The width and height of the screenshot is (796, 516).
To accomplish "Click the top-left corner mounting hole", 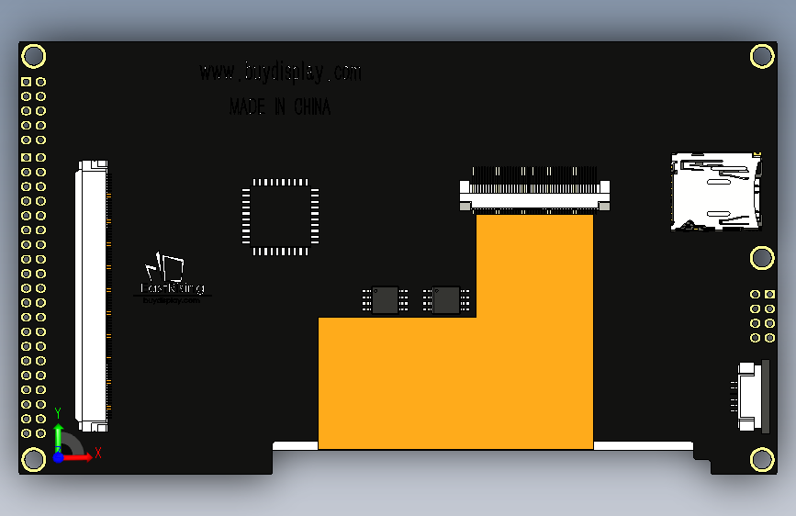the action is tap(34, 56).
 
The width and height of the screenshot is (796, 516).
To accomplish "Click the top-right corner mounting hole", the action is tap(762, 56).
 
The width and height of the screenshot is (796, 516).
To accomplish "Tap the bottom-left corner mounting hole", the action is tap(34, 459).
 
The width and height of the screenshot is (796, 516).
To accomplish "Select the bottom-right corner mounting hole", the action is tap(762, 459).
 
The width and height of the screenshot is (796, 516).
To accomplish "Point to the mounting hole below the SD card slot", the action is tap(762, 258).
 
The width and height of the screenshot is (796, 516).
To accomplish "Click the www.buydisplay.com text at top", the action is tap(280, 72).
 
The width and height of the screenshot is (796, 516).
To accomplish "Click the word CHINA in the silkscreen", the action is tap(312, 107).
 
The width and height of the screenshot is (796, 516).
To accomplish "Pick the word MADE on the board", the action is tap(246, 107).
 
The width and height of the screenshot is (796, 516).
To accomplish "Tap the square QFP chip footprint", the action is tap(280, 217).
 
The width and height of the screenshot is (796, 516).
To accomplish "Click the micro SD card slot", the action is tap(716, 191).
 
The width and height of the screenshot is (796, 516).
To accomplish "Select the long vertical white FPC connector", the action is tap(92, 296).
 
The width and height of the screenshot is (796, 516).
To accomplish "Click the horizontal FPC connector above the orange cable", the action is tap(534, 193).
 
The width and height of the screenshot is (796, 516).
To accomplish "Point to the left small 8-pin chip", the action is tap(386, 299).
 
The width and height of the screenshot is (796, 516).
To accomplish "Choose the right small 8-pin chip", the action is tap(446, 299).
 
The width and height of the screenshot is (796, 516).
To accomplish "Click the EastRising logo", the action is tap(171, 278).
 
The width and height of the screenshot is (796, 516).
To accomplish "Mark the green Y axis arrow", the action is tap(58, 433).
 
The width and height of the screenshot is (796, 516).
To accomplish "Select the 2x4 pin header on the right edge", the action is tap(762, 316).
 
